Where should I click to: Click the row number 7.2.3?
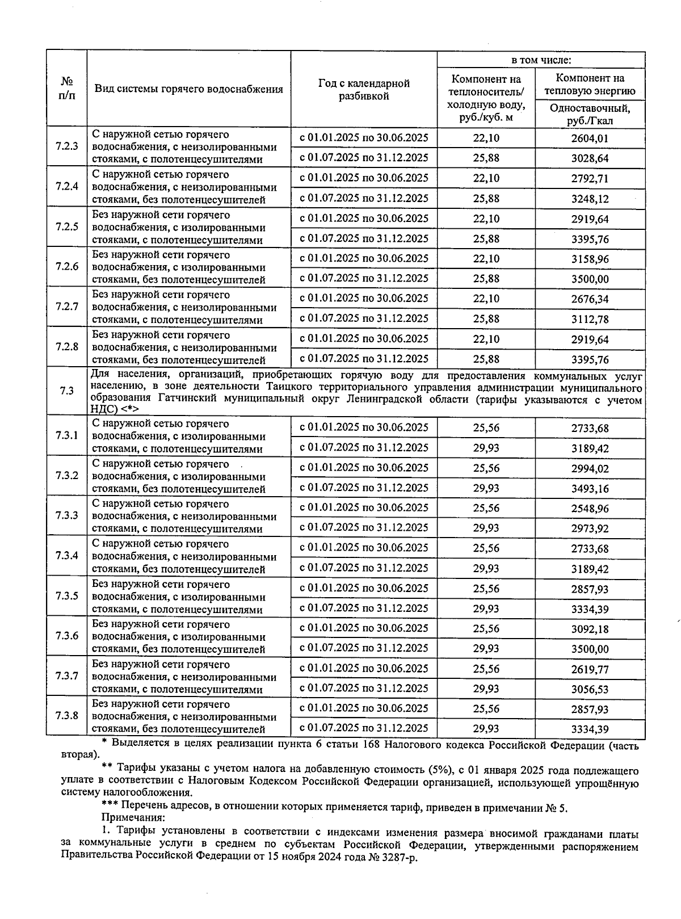pyautogui.click(x=66, y=146)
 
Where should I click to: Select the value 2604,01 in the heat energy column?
pyautogui.click(x=590, y=138)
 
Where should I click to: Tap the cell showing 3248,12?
pyautogui.click(x=590, y=199)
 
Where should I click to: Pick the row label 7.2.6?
pyautogui.click(x=66, y=267)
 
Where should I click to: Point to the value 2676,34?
pyautogui.click(x=590, y=299)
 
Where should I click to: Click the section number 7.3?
pyautogui.click(x=66, y=391)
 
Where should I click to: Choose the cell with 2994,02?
pyautogui.click(x=590, y=468)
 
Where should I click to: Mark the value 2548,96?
pyautogui.click(x=590, y=509)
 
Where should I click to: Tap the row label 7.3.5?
pyautogui.click(x=66, y=596)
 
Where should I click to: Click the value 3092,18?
pyautogui.click(x=590, y=629)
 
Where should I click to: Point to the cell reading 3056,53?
pyautogui.click(x=590, y=689)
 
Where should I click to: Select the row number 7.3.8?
pyautogui.click(x=66, y=715)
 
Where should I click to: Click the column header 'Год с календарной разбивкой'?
pyautogui.click(x=364, y=90)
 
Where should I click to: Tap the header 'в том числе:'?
pyautogui.click(x=541, y=60)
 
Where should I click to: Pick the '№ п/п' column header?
pyautogui.click(x=66, y=88)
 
